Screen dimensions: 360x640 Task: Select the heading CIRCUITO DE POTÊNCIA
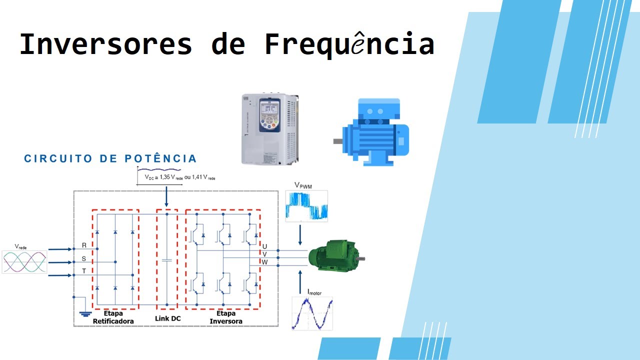[x=110, y=159]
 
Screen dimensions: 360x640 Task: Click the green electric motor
[x=334, y=255]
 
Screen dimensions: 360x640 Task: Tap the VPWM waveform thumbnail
[x=306, y=205]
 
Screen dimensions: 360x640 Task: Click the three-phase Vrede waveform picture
[x=24, y=261]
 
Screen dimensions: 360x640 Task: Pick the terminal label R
[x=84, y=245]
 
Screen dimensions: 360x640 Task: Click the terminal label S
[x=84, y=259]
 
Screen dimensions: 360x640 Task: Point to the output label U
[x=264, y=246]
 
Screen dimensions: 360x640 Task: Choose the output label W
[x=264, y=262]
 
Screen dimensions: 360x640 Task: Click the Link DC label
[x=167, y=318]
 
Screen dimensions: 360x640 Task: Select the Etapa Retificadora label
[x=113, y=317]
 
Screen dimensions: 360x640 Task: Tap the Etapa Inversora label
[x=226, y=317]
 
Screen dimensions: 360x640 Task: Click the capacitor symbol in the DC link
[x=167, y=260]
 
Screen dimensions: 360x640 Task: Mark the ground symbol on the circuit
[x=85, y=314]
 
